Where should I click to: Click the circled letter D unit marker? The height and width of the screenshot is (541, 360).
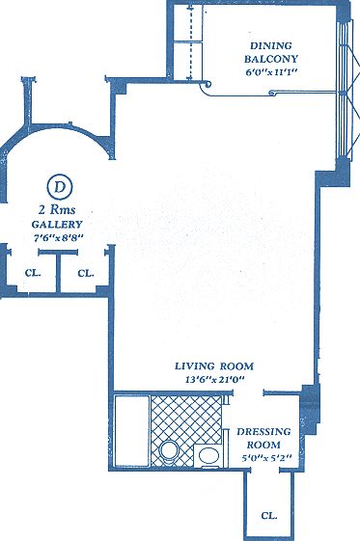pyautogui.click(x=60, y=185)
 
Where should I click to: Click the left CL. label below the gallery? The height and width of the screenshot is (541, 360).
pyautogui.click(x=33, y=273)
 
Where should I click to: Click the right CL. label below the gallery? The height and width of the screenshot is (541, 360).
pyautogui.click(x=85, y=273)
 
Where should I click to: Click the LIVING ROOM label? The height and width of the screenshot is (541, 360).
pyautogui.click(x=214, y=366)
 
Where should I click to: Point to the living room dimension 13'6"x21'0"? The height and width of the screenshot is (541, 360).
pyautogui.click(x=214, y=380)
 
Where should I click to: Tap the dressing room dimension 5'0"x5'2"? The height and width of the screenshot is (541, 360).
pyautogui.click(x=261, y=459)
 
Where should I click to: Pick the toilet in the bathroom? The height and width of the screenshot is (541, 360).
pyautogui.click(x=170, y=450)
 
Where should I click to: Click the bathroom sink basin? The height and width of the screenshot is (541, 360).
pyautogui.click(x=208, y=454)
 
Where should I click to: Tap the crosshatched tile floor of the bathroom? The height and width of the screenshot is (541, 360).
pyautogui.click(x=183, y=419)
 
